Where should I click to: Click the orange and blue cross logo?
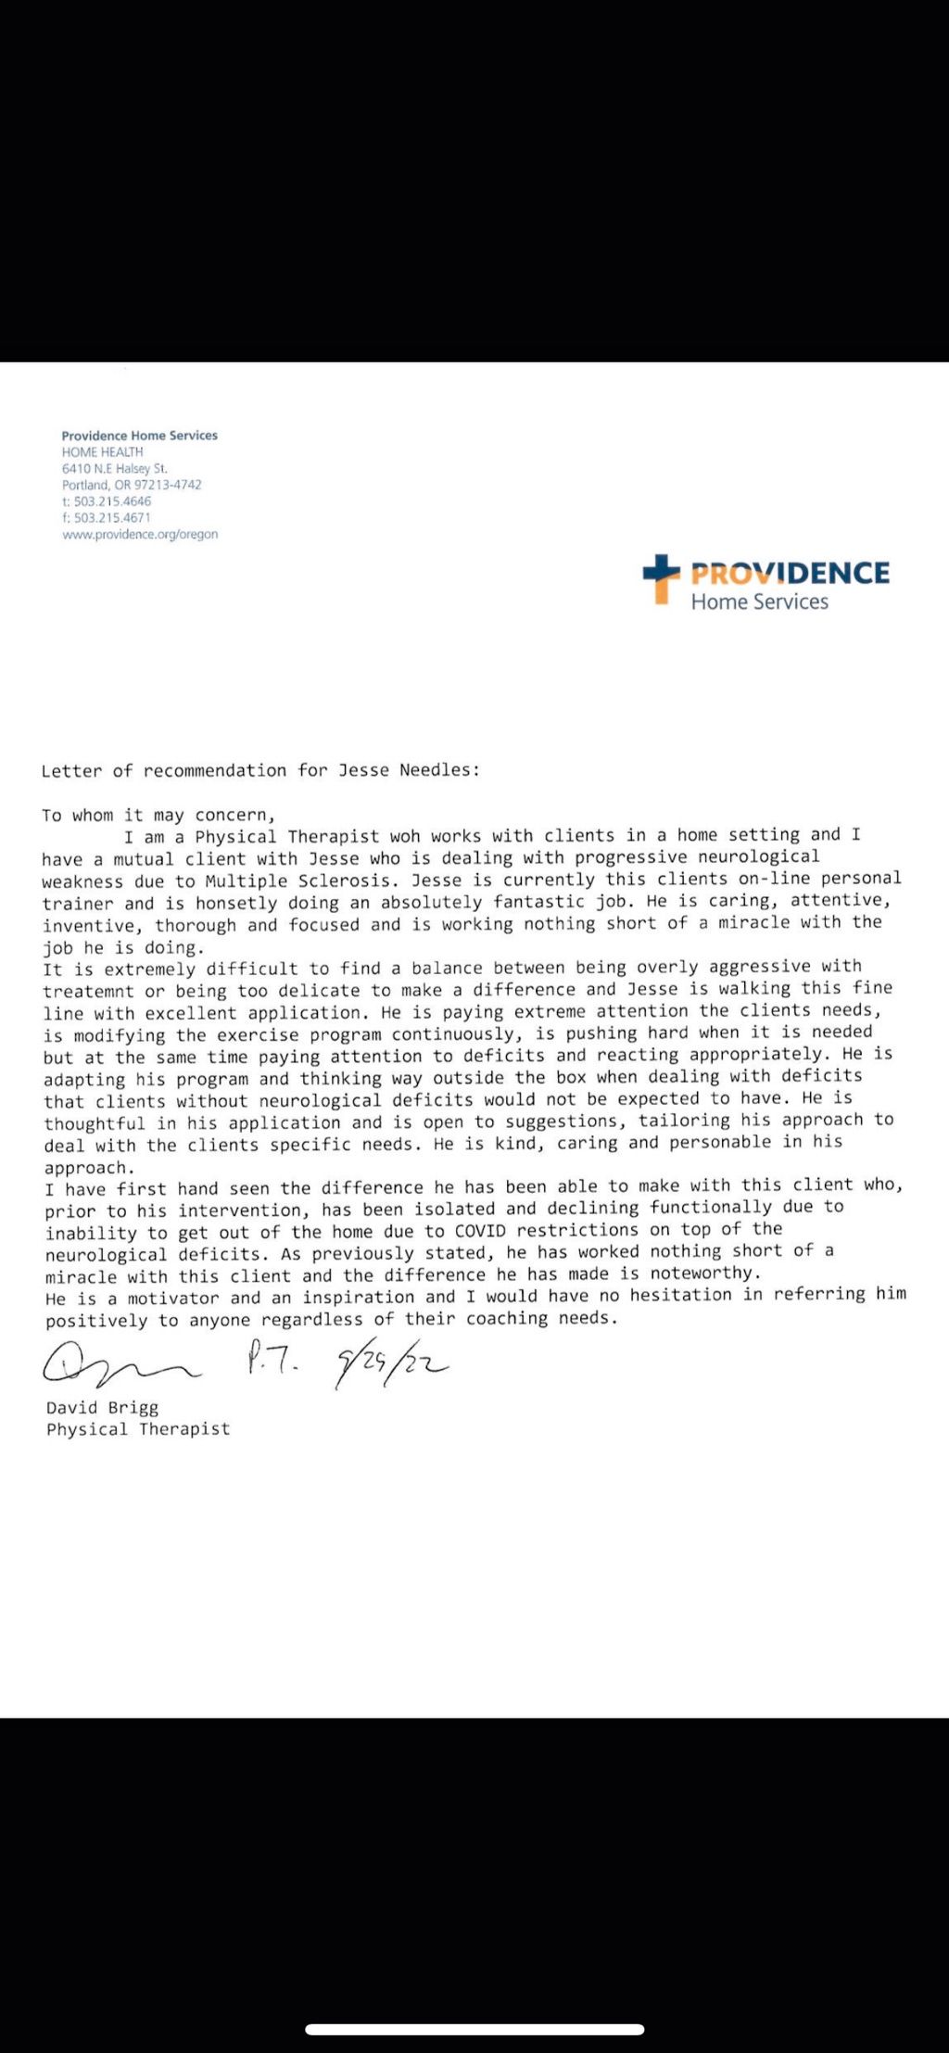[x=661, y=577]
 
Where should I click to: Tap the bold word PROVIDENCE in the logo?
[x=790, y=573]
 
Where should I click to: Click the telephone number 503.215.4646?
[x=112, y=501]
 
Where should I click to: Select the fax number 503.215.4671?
[x=111, y=518]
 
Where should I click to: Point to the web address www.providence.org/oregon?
[x=140, y=535]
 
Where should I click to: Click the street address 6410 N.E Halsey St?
[x=115, y=469]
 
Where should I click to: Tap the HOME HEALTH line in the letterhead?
[x=102, y=452]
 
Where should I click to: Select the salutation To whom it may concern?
[x=158, y=816]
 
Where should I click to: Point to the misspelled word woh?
[x=404, y=836]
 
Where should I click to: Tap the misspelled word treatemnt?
[x=88, y=992]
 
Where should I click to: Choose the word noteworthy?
[x=703, y=1274]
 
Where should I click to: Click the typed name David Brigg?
[x=103, y=1407]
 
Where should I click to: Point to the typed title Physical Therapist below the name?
[x=138, y=1429]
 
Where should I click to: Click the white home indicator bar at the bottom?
[x=474, y=2029]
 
